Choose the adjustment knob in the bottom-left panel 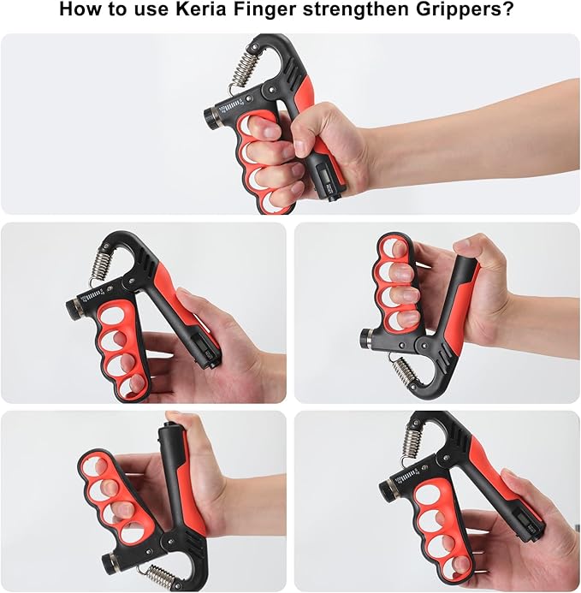[109, 562]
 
